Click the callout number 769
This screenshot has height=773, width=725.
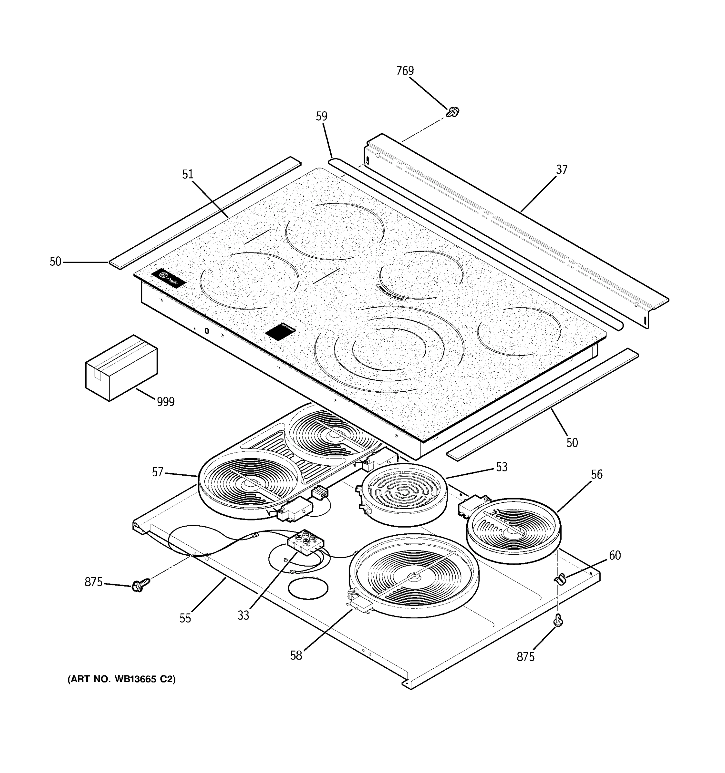(405, 71)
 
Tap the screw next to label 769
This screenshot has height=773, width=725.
(452, 112)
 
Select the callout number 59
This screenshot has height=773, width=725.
(321, 116)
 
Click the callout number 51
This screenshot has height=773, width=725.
(188, 175)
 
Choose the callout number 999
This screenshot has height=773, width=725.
(166, 402)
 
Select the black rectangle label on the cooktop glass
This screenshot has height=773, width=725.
(280, 332)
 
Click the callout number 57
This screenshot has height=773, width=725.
(157, 472)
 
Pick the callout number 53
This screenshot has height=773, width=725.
(502, 467)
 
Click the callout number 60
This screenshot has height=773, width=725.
(614, 556)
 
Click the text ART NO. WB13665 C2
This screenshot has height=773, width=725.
(121, 679)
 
